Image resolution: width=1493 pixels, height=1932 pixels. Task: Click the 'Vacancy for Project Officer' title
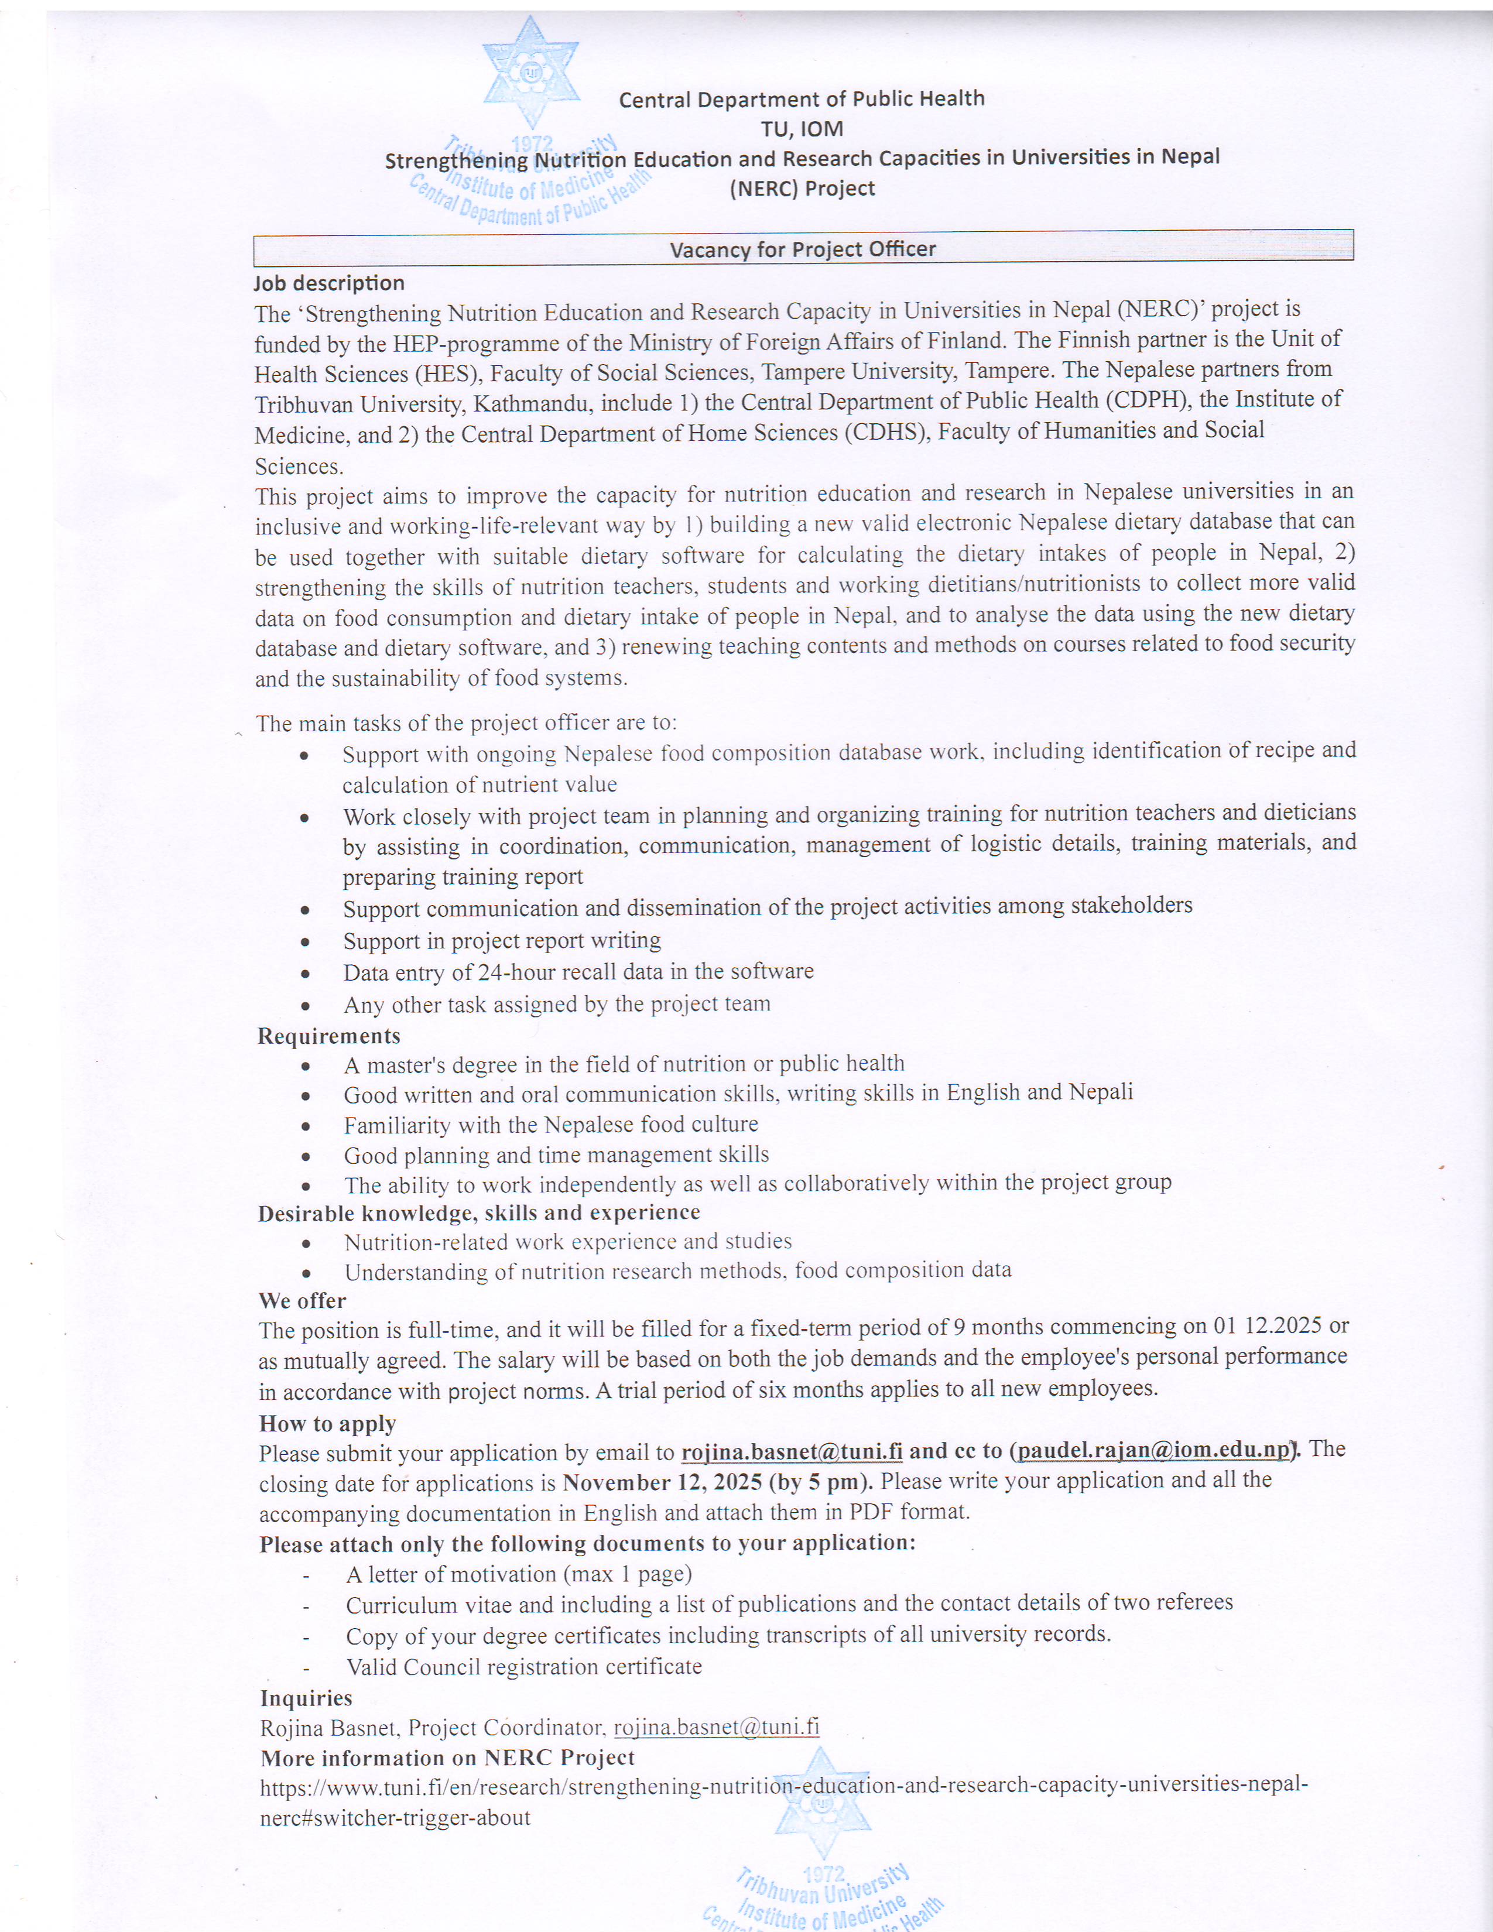point(802,249)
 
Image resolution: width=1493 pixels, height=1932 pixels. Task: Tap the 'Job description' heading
point(329,283)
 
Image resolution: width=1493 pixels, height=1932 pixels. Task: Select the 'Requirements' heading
point(329,1036)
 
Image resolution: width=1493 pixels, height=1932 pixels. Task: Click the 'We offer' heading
point(303,1300)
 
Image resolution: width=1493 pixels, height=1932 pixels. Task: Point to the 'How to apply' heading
point(327,1423)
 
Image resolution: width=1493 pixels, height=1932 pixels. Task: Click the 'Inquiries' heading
point(306,1698)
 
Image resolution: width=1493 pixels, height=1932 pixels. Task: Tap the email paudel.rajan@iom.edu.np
point(1153,1451)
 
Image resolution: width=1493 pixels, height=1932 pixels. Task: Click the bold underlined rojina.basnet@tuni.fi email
point(792,1453)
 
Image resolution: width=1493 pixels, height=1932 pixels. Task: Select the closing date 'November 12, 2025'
point(662,1482)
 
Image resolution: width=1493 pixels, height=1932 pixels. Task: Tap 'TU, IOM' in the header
point(802,129)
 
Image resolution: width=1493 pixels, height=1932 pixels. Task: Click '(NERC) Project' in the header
point(802,189)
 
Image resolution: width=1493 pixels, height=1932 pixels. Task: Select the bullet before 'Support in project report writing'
point(305,942)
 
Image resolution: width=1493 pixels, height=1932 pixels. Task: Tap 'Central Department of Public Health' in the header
point(802,98)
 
